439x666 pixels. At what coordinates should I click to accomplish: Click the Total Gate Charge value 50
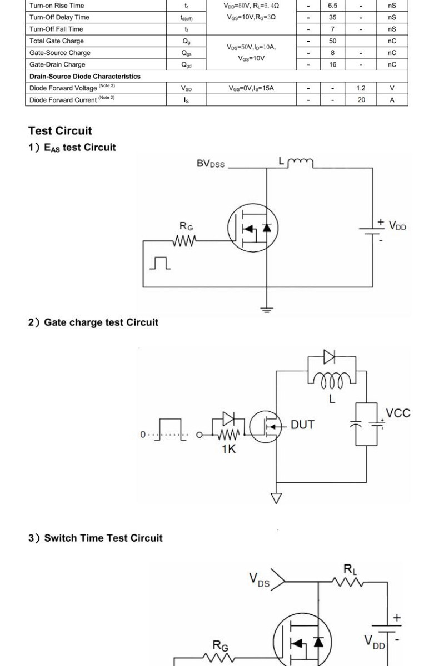332,41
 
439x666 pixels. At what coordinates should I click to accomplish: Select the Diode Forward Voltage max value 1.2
361,88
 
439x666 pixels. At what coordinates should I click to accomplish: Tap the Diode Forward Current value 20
361,100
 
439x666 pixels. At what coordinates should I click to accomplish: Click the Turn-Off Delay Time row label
59,17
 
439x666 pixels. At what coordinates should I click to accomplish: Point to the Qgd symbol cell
186,65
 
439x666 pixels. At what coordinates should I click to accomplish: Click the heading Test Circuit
60,131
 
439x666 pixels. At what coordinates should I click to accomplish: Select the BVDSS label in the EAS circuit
211,164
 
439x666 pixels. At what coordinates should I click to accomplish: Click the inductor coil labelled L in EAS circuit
301,162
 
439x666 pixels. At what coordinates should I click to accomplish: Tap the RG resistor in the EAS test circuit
184,241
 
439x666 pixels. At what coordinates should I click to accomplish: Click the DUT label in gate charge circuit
302,425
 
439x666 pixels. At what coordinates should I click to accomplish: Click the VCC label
398,413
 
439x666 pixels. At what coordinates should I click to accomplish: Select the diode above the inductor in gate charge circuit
329,356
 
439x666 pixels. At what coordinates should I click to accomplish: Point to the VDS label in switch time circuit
260,580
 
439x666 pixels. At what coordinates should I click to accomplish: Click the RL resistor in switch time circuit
350,582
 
